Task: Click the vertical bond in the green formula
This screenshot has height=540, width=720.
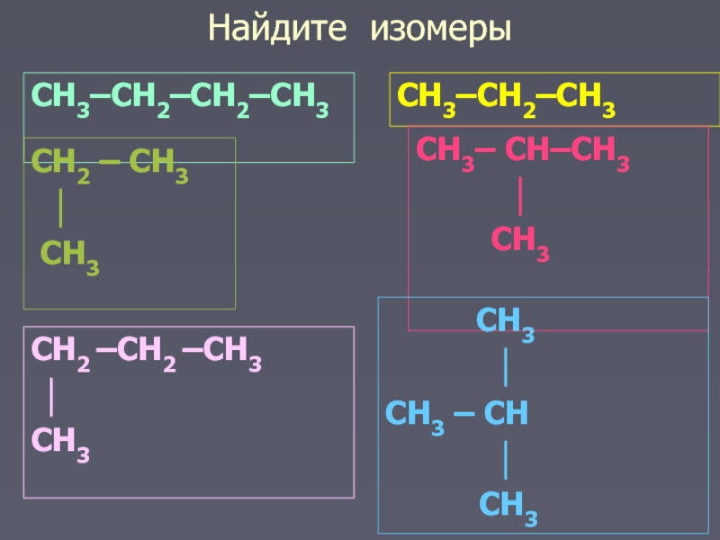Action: (x=59, y=210)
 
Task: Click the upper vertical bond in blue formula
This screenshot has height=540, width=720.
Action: (x=507, y=367)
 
